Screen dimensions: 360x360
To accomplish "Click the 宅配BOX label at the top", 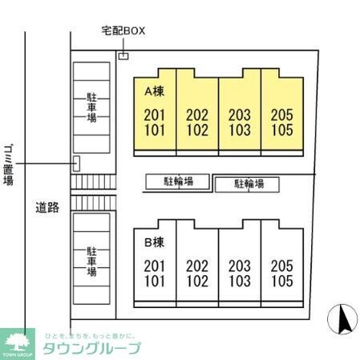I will click(123, 31).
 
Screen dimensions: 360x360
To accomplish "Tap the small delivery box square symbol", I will click(123, 55).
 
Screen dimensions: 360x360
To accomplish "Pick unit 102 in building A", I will click(197, 129).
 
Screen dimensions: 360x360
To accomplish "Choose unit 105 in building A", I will click(282, 129).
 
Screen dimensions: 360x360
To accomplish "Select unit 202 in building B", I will click(197, 266).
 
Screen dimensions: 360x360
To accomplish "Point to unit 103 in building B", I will click(240, 281).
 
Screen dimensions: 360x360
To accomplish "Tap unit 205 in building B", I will click(282, 266).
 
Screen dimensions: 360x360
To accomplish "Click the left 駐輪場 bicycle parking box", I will click(179, 182).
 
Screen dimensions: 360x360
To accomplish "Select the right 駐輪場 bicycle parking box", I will click(249, 184).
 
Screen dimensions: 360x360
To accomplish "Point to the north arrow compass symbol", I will click(344, 320).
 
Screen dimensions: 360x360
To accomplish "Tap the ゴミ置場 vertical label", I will click(9, 164).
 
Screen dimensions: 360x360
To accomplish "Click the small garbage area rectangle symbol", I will click(77, 164).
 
